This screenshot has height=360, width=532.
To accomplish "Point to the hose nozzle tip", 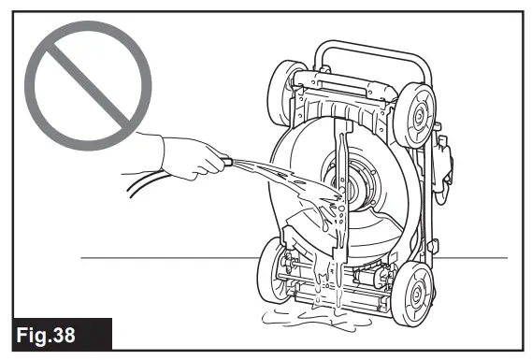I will click(229, 163).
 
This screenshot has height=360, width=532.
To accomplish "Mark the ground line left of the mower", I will click(168, 255).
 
